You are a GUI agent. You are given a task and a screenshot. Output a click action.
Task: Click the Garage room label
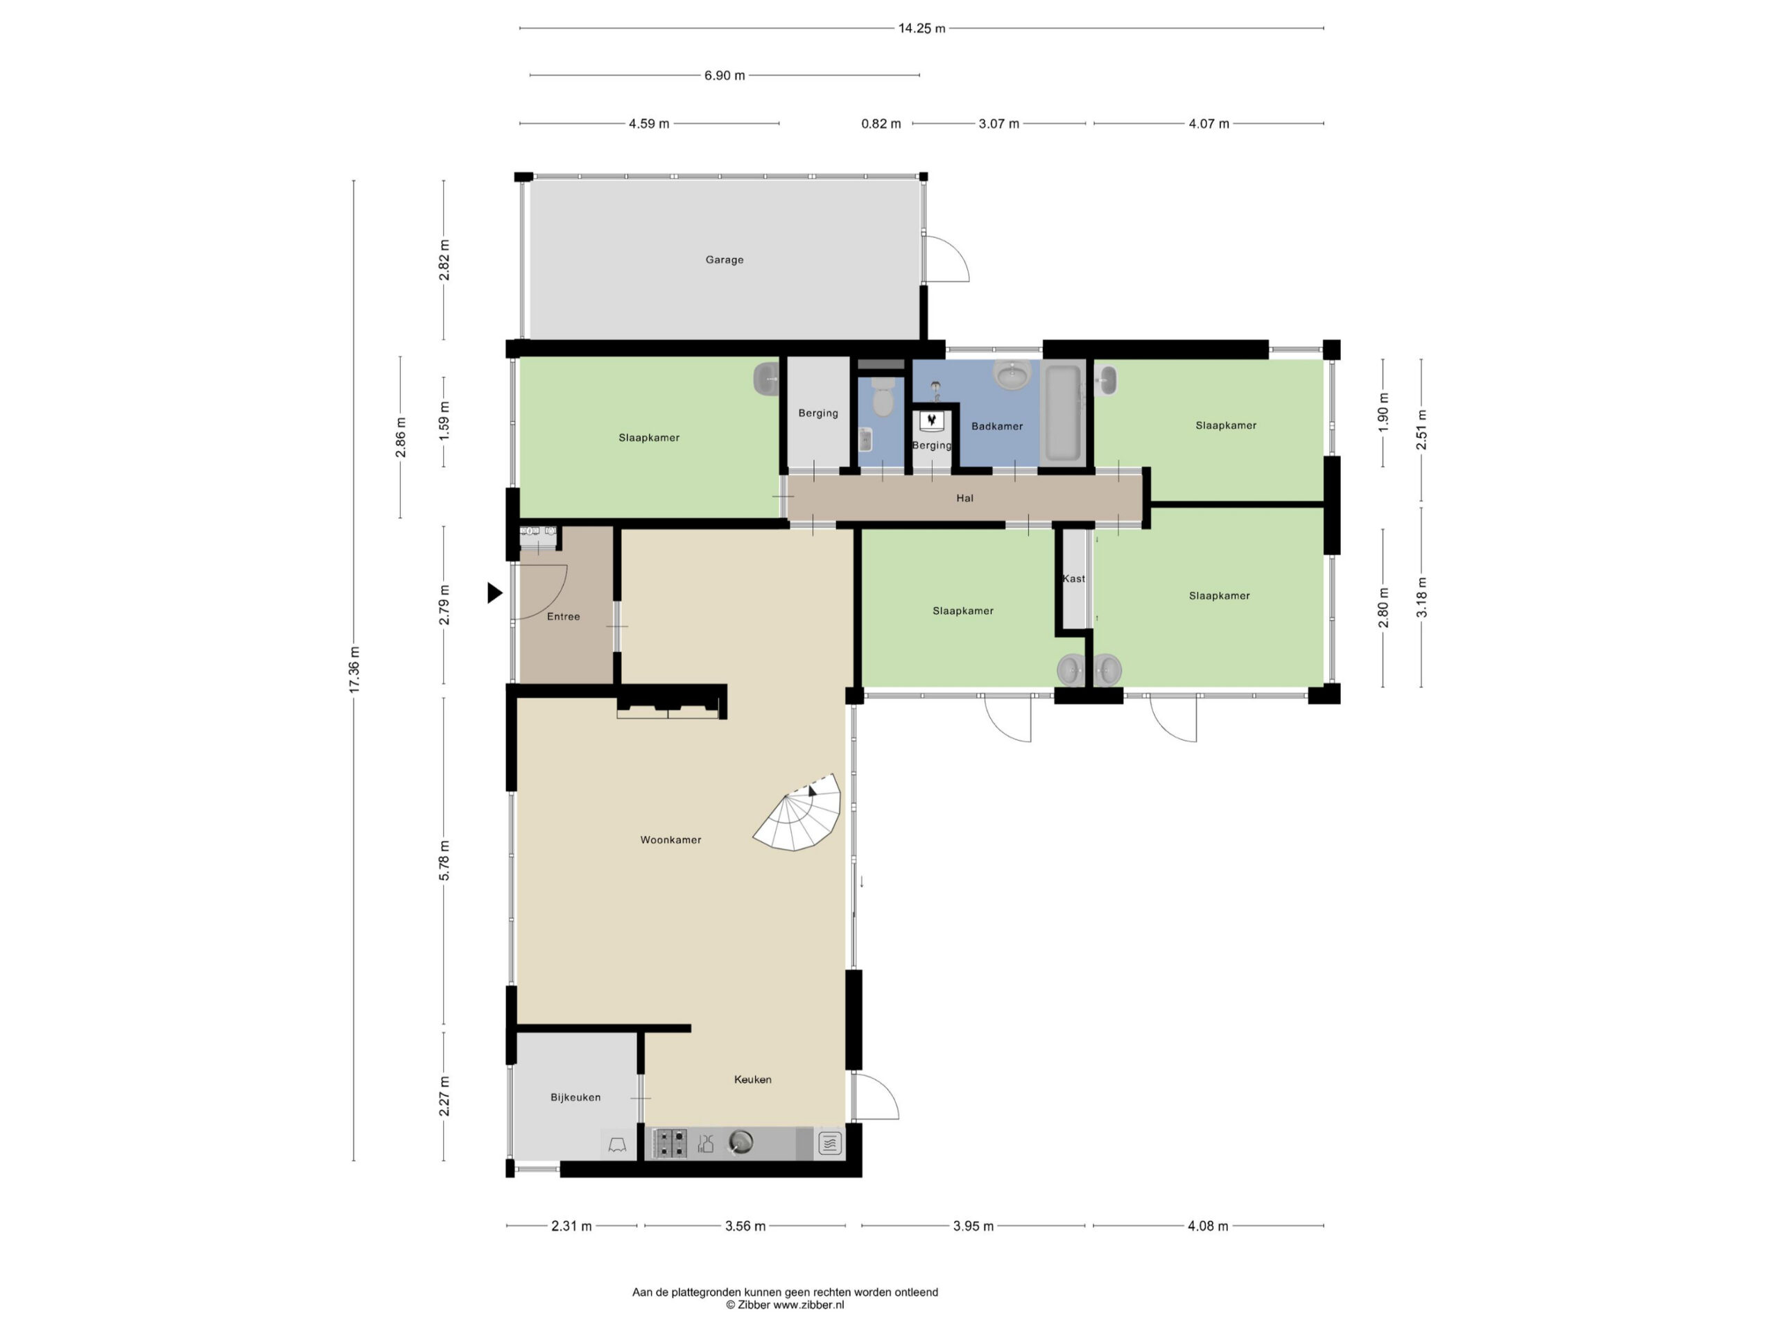(x=724, y=260)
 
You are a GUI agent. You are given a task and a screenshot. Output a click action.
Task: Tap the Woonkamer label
(x=671, y=840)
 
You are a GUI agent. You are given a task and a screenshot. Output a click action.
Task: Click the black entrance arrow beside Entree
(x=495, y=593)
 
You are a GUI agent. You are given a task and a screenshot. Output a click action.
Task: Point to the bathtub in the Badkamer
(x=1062, y=413)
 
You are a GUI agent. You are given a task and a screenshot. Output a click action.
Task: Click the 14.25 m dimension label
(x=921, y=29)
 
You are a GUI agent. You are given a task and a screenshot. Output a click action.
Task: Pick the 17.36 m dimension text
(x=354, y=669)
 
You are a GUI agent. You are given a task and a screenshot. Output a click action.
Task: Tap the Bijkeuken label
(x=575, y=1098)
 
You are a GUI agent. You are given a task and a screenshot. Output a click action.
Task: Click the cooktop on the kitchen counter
(x=669, y=1143)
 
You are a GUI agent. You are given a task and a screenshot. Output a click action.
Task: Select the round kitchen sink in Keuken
(x=741, y=1142)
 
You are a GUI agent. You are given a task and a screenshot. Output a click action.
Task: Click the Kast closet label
(x=1073, y=579)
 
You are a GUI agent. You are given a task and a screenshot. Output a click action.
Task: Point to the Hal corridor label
(x=964, y=499)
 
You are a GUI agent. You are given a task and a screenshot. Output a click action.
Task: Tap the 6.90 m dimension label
(x=725, y=76)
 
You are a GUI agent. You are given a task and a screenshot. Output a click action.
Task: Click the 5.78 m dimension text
(x=444, y=861)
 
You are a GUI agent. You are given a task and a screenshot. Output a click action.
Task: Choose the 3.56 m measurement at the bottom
(x=745, y=1226)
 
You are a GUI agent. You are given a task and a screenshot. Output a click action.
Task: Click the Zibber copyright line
(x=785, y=1306)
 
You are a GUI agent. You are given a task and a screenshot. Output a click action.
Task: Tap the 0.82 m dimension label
(x=881, y=124)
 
